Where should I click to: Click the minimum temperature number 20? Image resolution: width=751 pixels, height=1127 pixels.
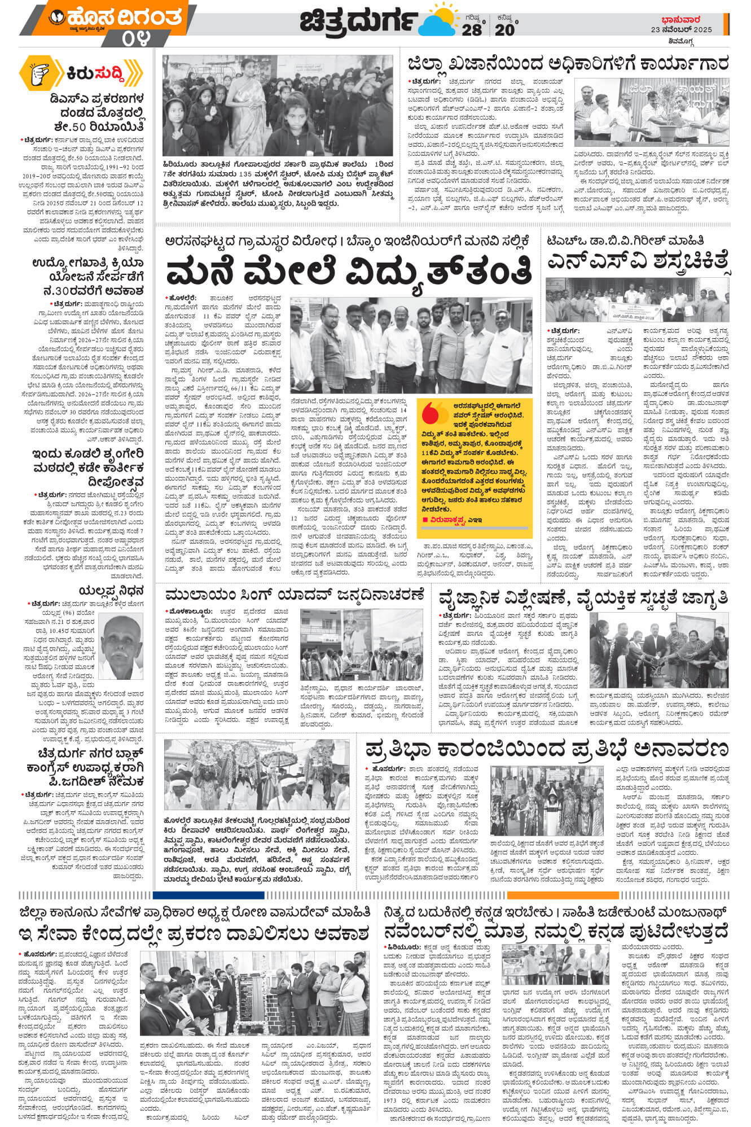(504, 30)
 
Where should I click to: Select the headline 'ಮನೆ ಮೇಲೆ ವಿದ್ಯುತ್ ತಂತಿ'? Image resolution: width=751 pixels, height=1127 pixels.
(349, 270)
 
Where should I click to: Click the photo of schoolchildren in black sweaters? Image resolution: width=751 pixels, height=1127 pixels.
(278, 104)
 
